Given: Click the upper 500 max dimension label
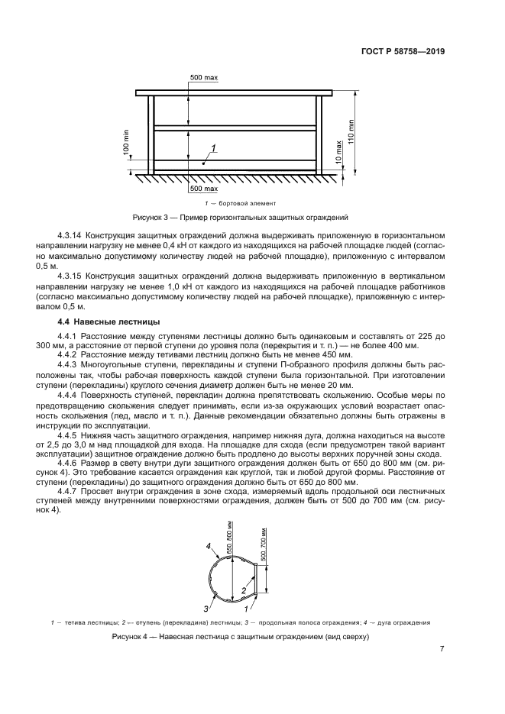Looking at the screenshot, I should click(204, 79).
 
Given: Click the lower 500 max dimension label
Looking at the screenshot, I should click(204, 188).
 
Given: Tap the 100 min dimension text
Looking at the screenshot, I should click(127, 142).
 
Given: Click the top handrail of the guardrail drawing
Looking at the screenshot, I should click(235, 93).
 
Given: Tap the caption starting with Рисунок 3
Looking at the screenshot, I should click(241, 217).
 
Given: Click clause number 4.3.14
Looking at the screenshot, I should click(72, 236).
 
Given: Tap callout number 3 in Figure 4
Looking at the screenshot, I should click(205, 609).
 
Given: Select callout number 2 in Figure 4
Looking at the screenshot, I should click(243, 590).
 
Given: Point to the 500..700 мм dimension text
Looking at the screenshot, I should click(264, 544).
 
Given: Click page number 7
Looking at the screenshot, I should click(442, 649).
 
